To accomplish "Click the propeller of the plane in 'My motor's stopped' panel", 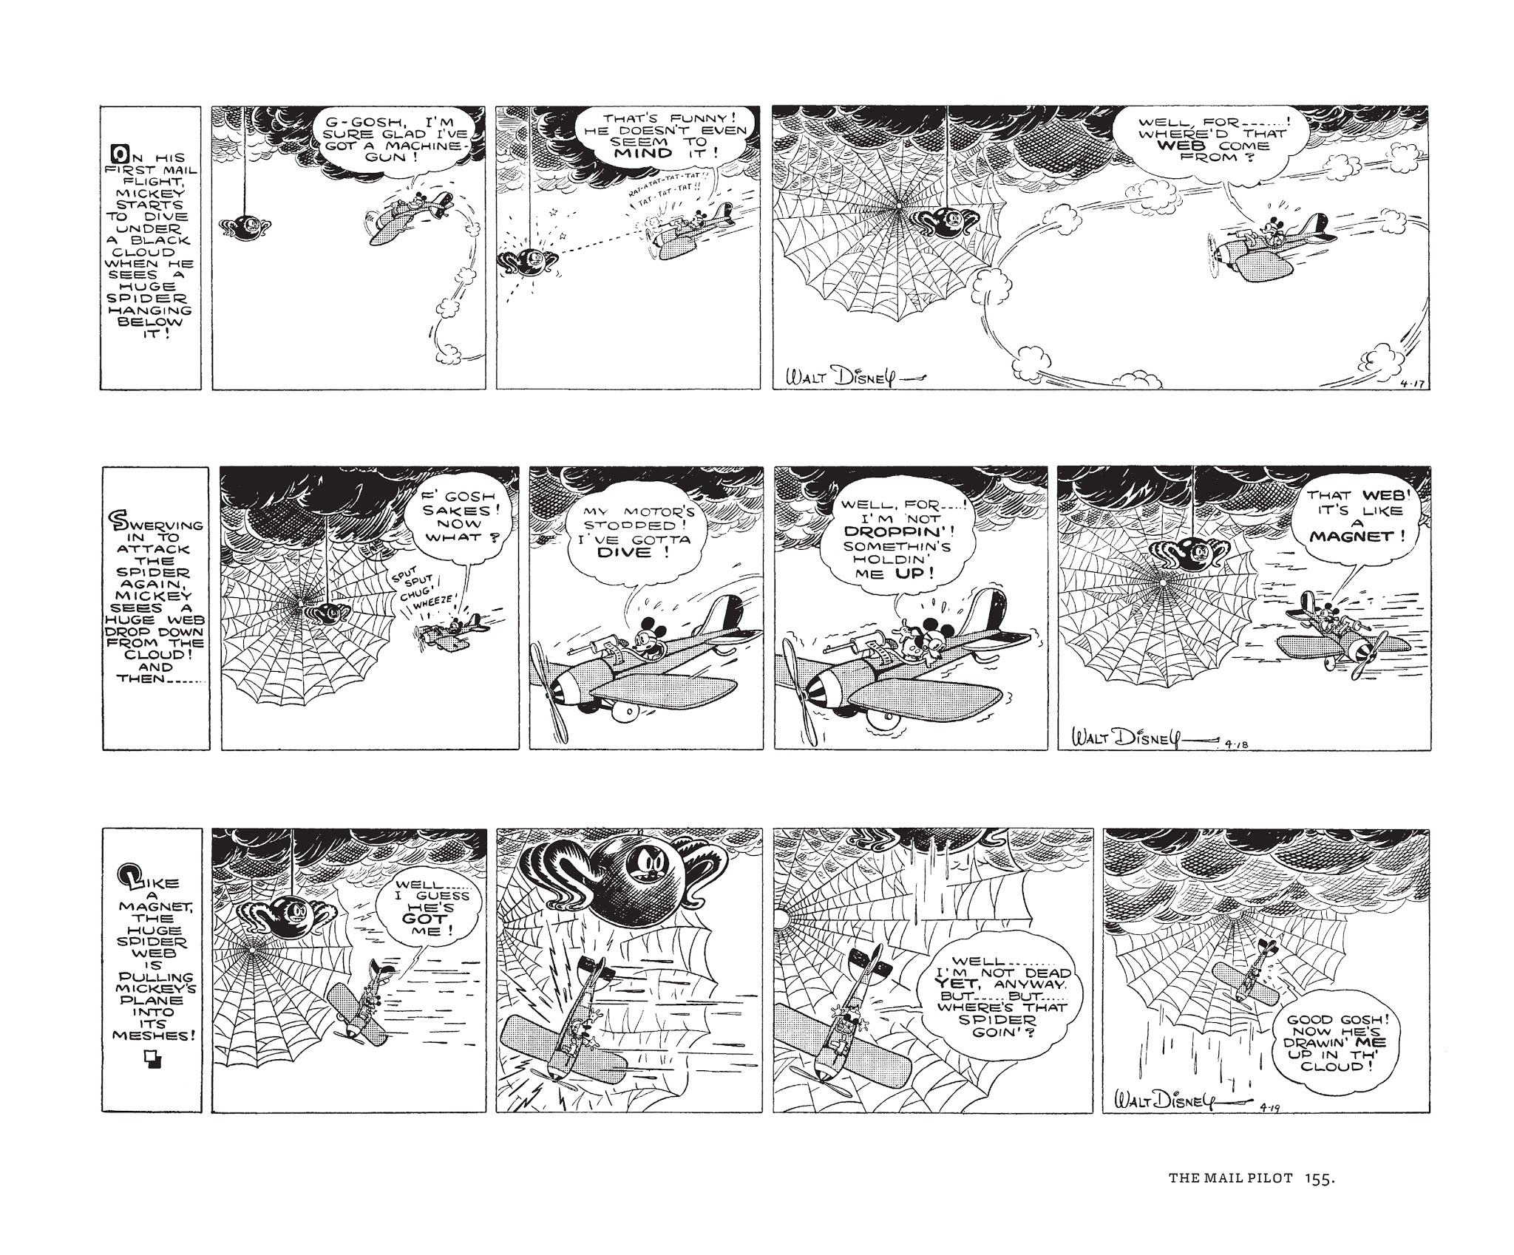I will click(x=549, y=681).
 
